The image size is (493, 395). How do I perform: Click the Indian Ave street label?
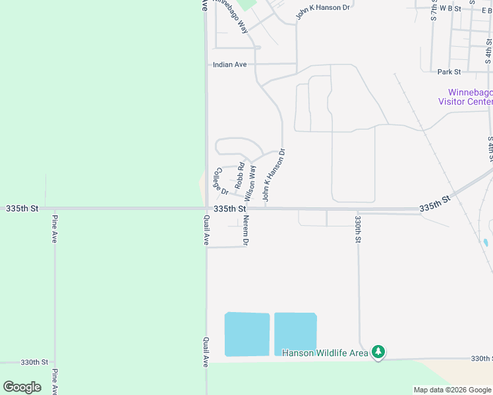[x=229, y=65]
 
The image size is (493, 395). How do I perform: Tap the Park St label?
[x=449, y=71]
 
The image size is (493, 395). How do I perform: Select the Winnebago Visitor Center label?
[x=469, y=97]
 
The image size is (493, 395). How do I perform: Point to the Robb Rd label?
[x=240, y=172]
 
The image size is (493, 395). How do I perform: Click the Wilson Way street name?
[x=250, y=183]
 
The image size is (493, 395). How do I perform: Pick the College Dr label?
[x=220, y=182]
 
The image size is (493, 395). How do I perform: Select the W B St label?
[x=450, y=9]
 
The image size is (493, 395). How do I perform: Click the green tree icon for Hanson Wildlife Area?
[x=378, y=353]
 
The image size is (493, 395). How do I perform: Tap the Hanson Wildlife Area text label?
[x=325, y=354]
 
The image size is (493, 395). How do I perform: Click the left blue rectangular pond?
[x=247, y=334]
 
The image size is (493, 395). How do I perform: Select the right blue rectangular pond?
[x=295, y=334]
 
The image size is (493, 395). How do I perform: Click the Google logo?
[x=22, y=386]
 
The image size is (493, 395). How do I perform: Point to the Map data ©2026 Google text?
[x=452, y=390]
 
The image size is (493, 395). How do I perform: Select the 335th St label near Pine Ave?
[x=22, y=208]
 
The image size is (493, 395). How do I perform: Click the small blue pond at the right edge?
[x=486, y=242]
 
